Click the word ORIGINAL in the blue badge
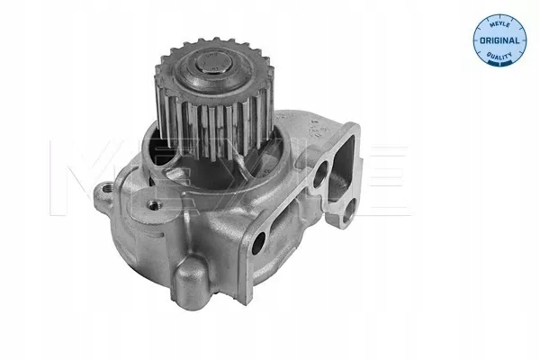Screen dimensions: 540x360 pos(499,40)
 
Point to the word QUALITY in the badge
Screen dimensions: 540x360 pos(499,55)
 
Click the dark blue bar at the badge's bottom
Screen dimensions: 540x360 pos(499,62)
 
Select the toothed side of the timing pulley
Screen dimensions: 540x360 pos(212,130)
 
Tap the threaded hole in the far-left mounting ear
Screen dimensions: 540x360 pos(105,188)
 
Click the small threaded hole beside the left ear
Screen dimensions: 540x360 pos(154,206)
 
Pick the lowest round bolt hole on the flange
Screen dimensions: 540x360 pos(258,243)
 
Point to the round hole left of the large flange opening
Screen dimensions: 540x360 pos(320,174)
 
